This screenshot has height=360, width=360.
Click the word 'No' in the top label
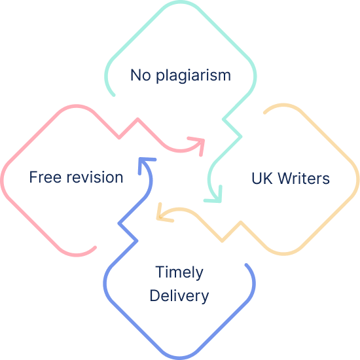(141, 75)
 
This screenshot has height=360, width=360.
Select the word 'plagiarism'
(193, 75)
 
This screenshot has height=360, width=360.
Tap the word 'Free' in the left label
(45, 177)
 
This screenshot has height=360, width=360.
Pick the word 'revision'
(95, 177)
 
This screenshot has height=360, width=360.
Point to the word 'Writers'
(304, 178)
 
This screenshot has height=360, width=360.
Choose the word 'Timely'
(179, 272)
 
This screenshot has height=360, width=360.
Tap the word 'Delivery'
(179, 296)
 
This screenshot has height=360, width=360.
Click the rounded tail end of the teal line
(113, 95)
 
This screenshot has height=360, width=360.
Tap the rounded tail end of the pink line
(95, 247)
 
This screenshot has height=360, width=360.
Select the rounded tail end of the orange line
(265, 113)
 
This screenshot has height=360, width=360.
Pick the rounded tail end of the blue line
(246, 265)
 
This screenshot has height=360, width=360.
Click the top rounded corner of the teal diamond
(180, 2)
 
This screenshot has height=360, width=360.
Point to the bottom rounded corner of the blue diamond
(180, 357)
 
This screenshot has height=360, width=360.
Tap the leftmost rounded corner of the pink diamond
(2, 180)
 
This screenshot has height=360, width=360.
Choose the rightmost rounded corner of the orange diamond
(357, 179)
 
